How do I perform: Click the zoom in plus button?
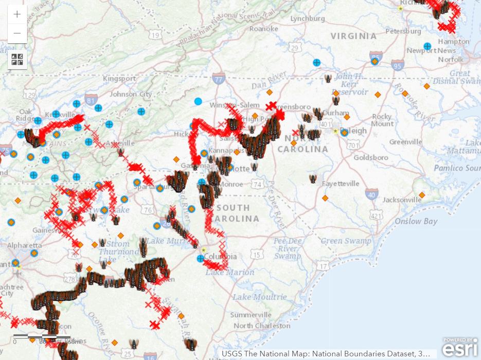point(17,14)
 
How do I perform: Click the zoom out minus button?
point(17,33)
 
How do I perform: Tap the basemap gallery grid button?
point(17,59)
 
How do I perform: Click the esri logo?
point(460,348)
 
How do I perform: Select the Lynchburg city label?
point(308,19)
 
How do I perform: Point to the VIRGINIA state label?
point(353,36)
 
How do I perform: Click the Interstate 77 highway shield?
point(219,79)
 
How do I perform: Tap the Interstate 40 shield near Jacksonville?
point(371,194)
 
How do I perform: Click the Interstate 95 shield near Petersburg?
point(397,65)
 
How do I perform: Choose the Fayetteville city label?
point(341,184)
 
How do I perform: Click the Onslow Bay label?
point(416,221)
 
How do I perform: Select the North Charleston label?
point(262,326)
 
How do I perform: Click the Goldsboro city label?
point(371,157)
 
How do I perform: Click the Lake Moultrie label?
point(259,297)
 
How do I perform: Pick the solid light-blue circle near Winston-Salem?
point(198,101)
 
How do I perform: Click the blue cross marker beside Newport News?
point(427,46)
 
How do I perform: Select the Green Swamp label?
point(345,241)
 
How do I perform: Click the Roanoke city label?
point(263,29)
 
